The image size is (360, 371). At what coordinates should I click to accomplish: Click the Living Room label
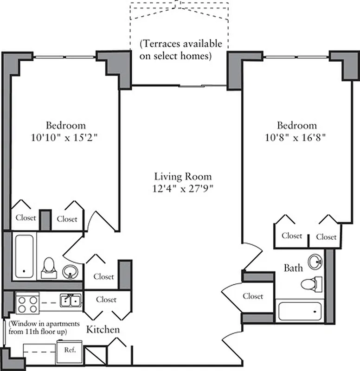click(x=183, y=177)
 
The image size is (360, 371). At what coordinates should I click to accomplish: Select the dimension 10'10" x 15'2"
click(x=65, y=138)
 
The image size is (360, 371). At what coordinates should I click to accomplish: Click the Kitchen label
click(x=103, y=330)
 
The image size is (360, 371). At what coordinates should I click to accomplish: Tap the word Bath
click(x=293, y=268)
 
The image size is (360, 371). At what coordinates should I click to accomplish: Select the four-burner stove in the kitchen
click(x=26, y=304)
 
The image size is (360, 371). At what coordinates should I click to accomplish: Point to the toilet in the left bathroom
click(x=48, y=268)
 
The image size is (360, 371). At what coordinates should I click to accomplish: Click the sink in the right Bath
click(x=315, y=262)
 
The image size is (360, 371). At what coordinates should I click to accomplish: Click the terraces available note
click(x=180, y=50)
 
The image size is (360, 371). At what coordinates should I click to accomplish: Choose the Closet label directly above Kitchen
click(x=106, y=300)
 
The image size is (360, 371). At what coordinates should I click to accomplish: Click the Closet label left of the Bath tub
click(x=253, y=296)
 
